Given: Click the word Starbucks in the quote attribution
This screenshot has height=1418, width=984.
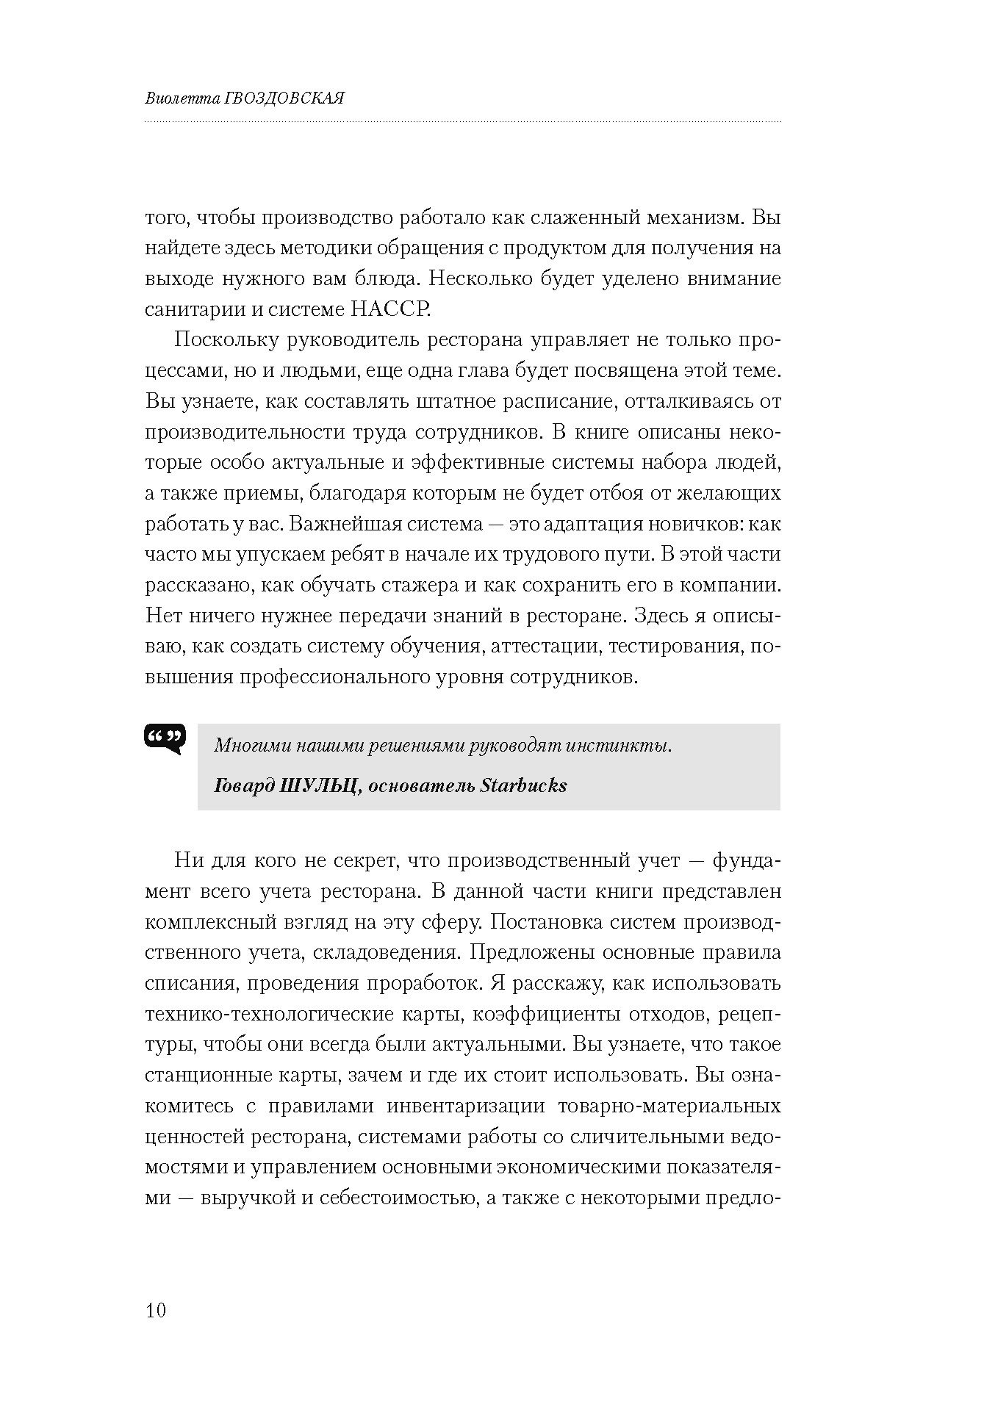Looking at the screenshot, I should click(x=523, y=785).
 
